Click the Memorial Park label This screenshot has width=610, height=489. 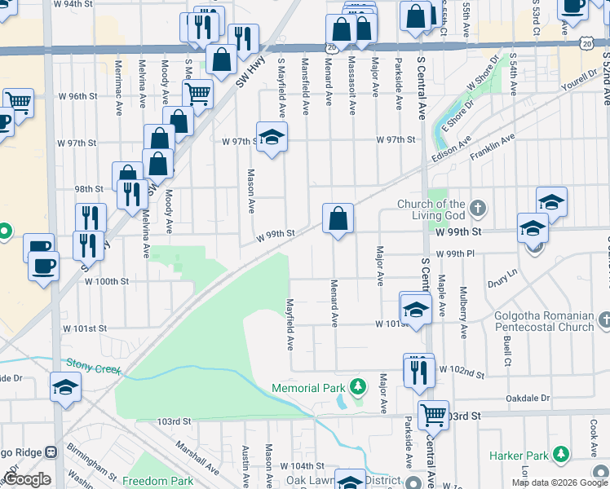[309, 388]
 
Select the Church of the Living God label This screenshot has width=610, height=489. [431, 209]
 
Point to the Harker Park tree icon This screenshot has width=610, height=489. [560, 453]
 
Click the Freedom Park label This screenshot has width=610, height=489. [158, 481]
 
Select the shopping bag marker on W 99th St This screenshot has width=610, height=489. [338, 218]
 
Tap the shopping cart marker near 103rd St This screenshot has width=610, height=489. [433, 414]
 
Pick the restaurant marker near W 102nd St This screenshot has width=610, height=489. [418, 371]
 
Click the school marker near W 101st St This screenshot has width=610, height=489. [415, 310]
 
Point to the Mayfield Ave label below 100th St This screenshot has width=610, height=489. [290, 324]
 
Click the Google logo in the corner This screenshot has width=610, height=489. [27, 480]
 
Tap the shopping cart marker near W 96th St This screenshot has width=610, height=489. [197, 95]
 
